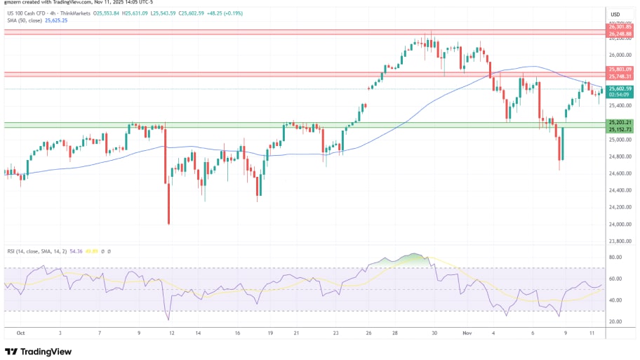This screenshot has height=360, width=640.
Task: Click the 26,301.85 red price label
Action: pos(620,27)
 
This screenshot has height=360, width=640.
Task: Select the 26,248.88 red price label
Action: pos(620,33)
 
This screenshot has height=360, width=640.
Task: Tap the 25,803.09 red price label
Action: pos(620,69)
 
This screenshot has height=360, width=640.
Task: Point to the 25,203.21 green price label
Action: pos(620,123)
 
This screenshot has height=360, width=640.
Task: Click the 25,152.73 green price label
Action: pos(620,129)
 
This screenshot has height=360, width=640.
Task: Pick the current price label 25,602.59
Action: pos(620,88)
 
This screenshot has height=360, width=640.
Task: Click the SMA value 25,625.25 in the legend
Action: pos(58,20)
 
